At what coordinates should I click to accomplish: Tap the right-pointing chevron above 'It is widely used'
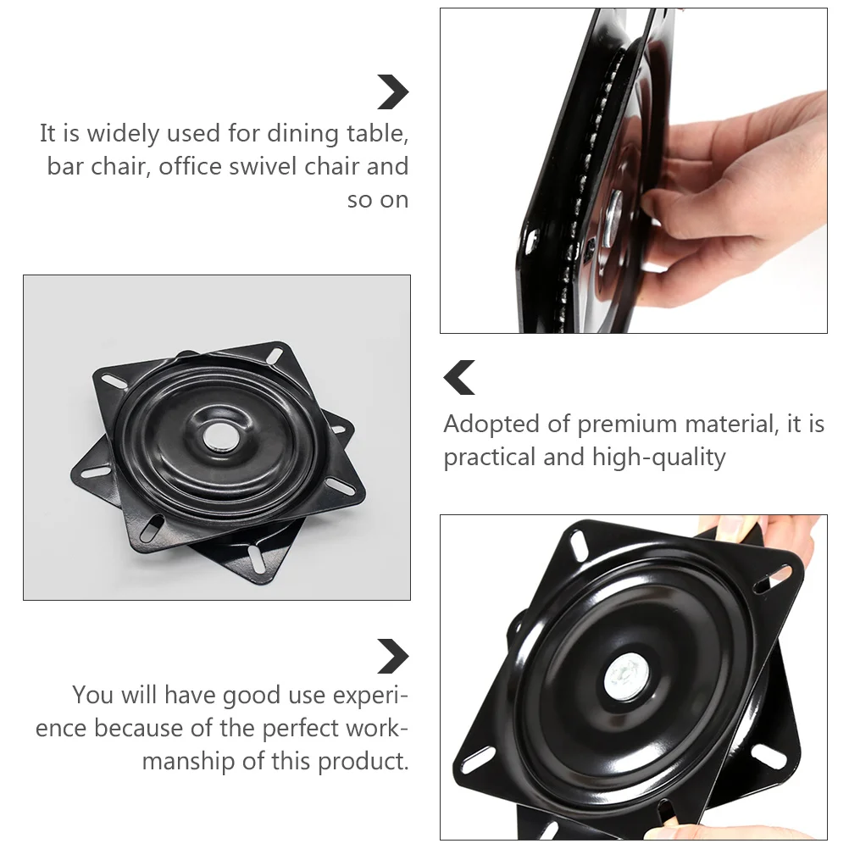[x=393, y=92]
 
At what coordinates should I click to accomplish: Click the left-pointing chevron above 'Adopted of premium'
[x=459, y=378]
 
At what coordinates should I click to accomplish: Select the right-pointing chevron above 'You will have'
[x=393, y=657]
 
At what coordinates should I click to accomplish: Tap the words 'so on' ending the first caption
[x=378, y=200]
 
